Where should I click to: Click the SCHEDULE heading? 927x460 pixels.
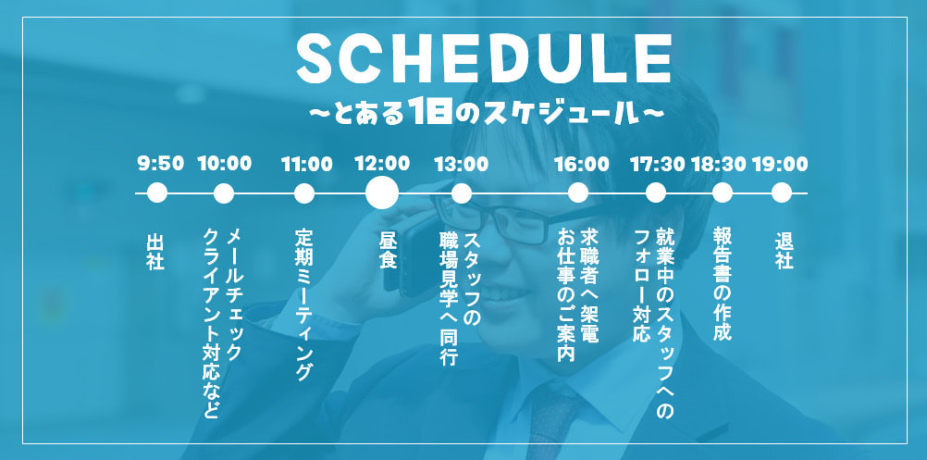coord(484,60)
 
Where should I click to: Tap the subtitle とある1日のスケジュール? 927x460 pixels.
coord(484,113)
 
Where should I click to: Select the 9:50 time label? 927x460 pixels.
coord(160,165)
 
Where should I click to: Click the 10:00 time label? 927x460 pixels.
coord(224,165)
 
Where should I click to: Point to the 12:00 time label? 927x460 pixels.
coord(382,164)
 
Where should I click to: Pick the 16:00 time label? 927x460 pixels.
coord(581,165)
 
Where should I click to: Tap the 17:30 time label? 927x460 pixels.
coord(658,165)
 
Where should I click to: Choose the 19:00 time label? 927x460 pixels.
coord(780,165)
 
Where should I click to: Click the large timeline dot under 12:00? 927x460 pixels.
coord(382,193)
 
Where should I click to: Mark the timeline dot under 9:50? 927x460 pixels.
coord(157,193)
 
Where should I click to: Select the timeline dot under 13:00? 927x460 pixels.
coord(462,193)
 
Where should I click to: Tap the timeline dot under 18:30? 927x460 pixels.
coord(723,193)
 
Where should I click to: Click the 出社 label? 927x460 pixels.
coord(155,251)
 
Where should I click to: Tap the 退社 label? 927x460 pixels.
coord(785,251)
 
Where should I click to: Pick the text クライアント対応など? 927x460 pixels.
coord(211,324)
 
